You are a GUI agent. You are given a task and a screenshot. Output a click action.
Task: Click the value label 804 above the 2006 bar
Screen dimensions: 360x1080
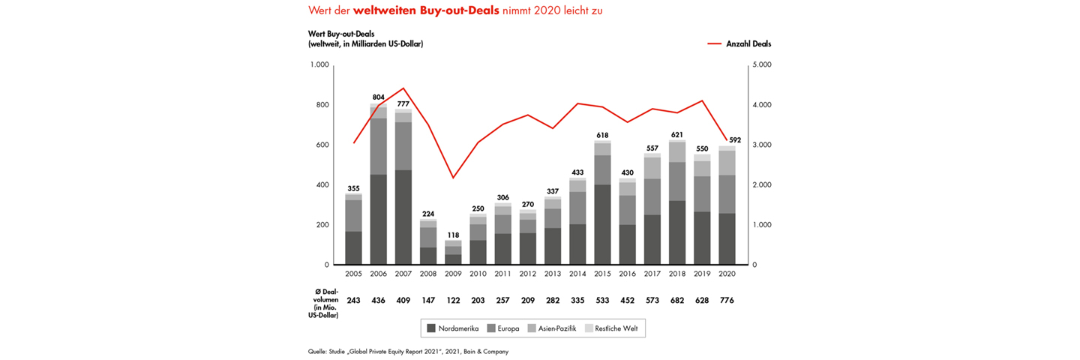click(379, 97)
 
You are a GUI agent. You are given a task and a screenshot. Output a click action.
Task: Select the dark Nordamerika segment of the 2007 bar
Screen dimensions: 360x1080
click(403, 217)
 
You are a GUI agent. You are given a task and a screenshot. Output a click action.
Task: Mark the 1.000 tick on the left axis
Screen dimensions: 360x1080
click(320, 65)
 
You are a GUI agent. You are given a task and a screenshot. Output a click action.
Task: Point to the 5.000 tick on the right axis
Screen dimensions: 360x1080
click(761, 65)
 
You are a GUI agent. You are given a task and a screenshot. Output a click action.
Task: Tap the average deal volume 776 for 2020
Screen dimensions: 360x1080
click(726, 301)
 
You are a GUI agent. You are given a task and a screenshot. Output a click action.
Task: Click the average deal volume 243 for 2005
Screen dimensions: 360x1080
click(354, 301)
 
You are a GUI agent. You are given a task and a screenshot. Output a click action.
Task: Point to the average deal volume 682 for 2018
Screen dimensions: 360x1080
click(676, 301)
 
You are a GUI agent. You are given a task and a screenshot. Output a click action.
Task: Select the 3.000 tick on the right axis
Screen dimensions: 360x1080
click(761, 145)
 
